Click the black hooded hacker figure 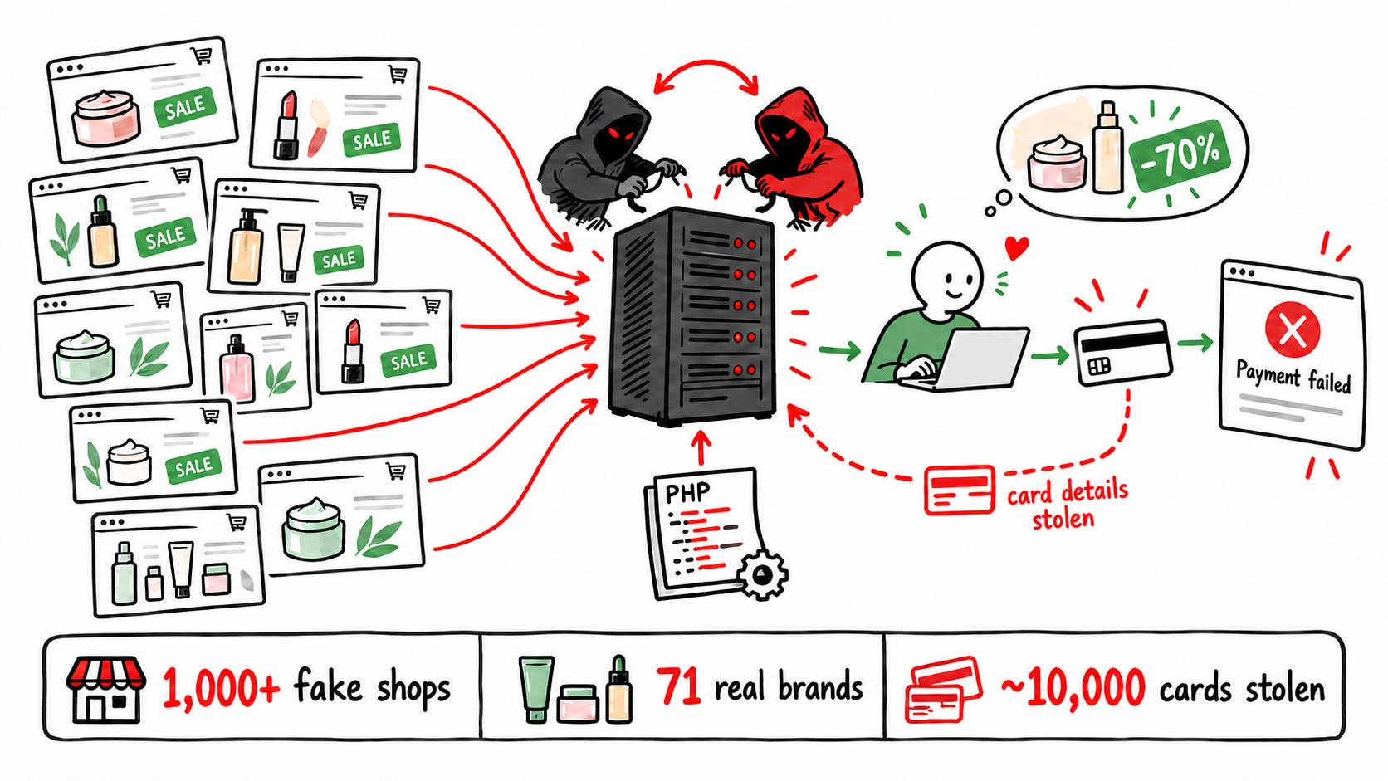pos(604,158)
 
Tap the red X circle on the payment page pos(1293,329)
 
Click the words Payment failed pos(1293,377)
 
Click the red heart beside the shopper pos(1016,247)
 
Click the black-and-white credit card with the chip pos(1122,352)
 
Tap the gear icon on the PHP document pos(762,575)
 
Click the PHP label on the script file pos(687,493)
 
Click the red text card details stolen pos(1067,505)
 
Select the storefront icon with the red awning pos(106,690)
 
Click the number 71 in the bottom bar pos(679,686)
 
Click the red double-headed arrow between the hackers pos(706,65)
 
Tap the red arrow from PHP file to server pos(701,448)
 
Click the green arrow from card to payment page pos(1195,343)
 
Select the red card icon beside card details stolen pos(959,490)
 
